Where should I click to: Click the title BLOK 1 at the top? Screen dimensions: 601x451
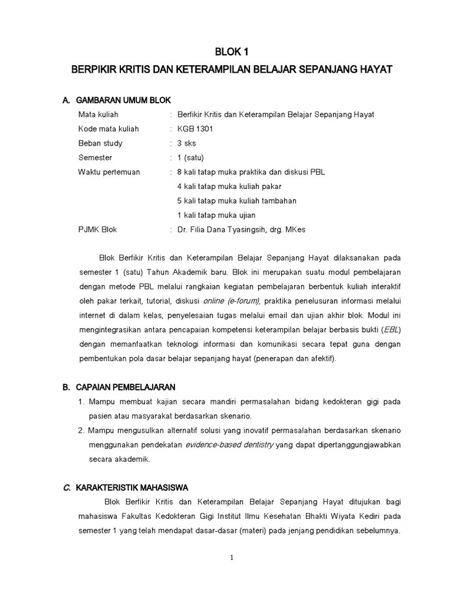(231, 51)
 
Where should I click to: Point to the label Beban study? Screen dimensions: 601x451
(100, 143)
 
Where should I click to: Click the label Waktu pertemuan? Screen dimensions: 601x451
(109, 172)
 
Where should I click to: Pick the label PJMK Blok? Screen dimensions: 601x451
(97, 229)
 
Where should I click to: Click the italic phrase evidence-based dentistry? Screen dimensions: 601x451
(229, 445)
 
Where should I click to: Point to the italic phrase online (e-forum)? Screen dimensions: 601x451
(232, 301)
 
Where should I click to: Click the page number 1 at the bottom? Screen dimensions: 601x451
(232, 558)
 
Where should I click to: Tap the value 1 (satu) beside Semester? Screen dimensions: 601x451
(190, 158)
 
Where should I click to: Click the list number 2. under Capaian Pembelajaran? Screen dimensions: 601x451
(82, 431)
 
